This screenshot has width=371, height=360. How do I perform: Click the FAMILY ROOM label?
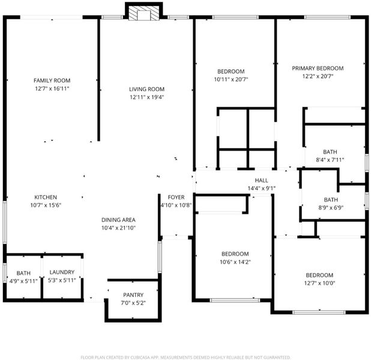point(52,80)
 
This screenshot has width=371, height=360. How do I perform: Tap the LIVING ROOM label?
point(146,89)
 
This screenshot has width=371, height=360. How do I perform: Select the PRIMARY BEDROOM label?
point(318,68)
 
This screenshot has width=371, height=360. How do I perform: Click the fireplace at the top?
point(144,12)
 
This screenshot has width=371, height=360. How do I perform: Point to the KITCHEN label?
point(46,197)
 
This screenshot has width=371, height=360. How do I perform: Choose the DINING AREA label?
point(118,220)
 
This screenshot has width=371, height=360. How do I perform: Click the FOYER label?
point(176,197)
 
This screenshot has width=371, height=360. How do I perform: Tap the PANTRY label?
point(133,295)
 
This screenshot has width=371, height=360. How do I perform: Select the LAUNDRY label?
point(62,272)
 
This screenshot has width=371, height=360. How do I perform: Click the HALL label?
point(262,181)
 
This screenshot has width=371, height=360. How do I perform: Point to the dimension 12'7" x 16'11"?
point(52,89)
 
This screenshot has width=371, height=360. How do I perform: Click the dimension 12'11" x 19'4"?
point(146,97)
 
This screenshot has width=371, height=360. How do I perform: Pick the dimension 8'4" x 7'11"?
point(330,160)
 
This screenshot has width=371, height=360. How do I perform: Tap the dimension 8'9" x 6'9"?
point(331,208)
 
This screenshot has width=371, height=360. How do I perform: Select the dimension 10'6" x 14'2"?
point(235,262)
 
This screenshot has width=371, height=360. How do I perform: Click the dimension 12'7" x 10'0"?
point(319,283)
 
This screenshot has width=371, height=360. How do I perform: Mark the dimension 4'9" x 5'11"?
point(23,281)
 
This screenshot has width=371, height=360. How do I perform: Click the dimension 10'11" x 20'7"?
point(231,79)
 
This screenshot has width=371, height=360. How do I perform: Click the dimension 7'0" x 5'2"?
point(133,303)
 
